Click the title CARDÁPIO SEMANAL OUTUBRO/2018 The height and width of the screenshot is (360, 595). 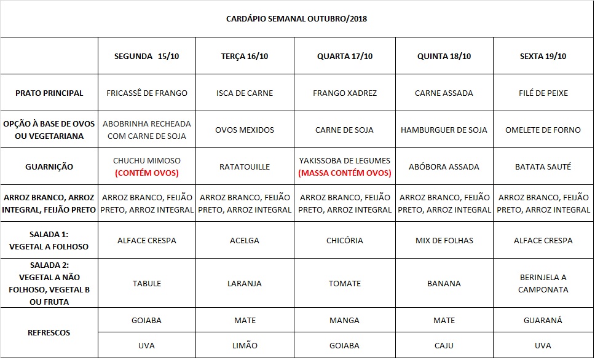coord(297,18)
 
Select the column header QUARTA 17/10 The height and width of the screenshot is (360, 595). coord(344,56)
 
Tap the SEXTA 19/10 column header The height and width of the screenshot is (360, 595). coord(543,56)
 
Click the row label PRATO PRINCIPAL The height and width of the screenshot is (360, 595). coord(49,93)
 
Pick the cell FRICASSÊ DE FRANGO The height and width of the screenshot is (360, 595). coord(147,93)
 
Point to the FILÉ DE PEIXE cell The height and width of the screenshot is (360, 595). coord(543,93)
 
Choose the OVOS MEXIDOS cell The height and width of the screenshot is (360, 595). coord(245,130)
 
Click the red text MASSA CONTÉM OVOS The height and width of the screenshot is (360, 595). coord(344,173)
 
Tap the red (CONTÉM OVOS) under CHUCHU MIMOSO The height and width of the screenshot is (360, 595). coord(147,173)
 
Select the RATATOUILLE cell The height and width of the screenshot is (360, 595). coord(245,166)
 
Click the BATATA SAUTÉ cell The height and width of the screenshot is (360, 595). coord(543,166)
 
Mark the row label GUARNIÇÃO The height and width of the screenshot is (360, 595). coord(49,166)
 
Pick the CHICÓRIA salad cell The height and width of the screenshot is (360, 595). coord(344,240)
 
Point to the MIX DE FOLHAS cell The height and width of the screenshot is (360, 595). coord(444,240)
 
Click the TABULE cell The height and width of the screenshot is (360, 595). coord(147,283)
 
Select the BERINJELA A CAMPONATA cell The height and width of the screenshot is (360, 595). coord(543,283)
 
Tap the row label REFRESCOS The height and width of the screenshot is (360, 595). coord(49,332)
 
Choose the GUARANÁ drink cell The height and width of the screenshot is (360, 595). coord(543,320)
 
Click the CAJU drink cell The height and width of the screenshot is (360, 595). coord(444,345)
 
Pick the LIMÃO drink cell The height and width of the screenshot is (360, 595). coord(245,345)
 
